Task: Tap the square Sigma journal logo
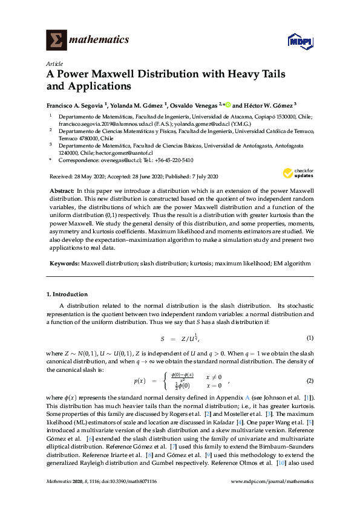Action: (x=58, y=40)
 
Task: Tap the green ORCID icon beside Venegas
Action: (x=228, y=103)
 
